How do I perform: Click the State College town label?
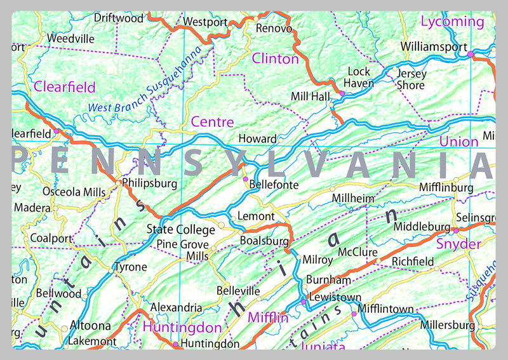[x=181, y=229]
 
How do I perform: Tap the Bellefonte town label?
[x=274, y=185]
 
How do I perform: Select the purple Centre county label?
[x=212, y=122]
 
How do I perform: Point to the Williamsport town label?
[x=434, y=46]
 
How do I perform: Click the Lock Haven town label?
[x=359, y=77]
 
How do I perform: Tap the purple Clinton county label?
[x=275, y=59]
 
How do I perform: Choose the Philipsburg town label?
[x=149, y=183]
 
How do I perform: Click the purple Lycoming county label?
[x=452, y=22]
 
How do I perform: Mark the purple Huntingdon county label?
[x=182, y=328]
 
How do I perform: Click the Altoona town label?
[x=90, y=326]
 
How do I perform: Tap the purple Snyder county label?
[x=458, y=244]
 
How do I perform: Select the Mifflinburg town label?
[x=446, y=188]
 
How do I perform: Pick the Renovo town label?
[x=274, y=29]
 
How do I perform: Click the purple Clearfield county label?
[x=65, y=87]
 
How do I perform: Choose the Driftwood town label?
[x=119, y=18]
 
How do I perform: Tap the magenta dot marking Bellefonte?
[x=246, y=179]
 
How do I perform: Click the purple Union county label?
[x=458, y=142]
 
